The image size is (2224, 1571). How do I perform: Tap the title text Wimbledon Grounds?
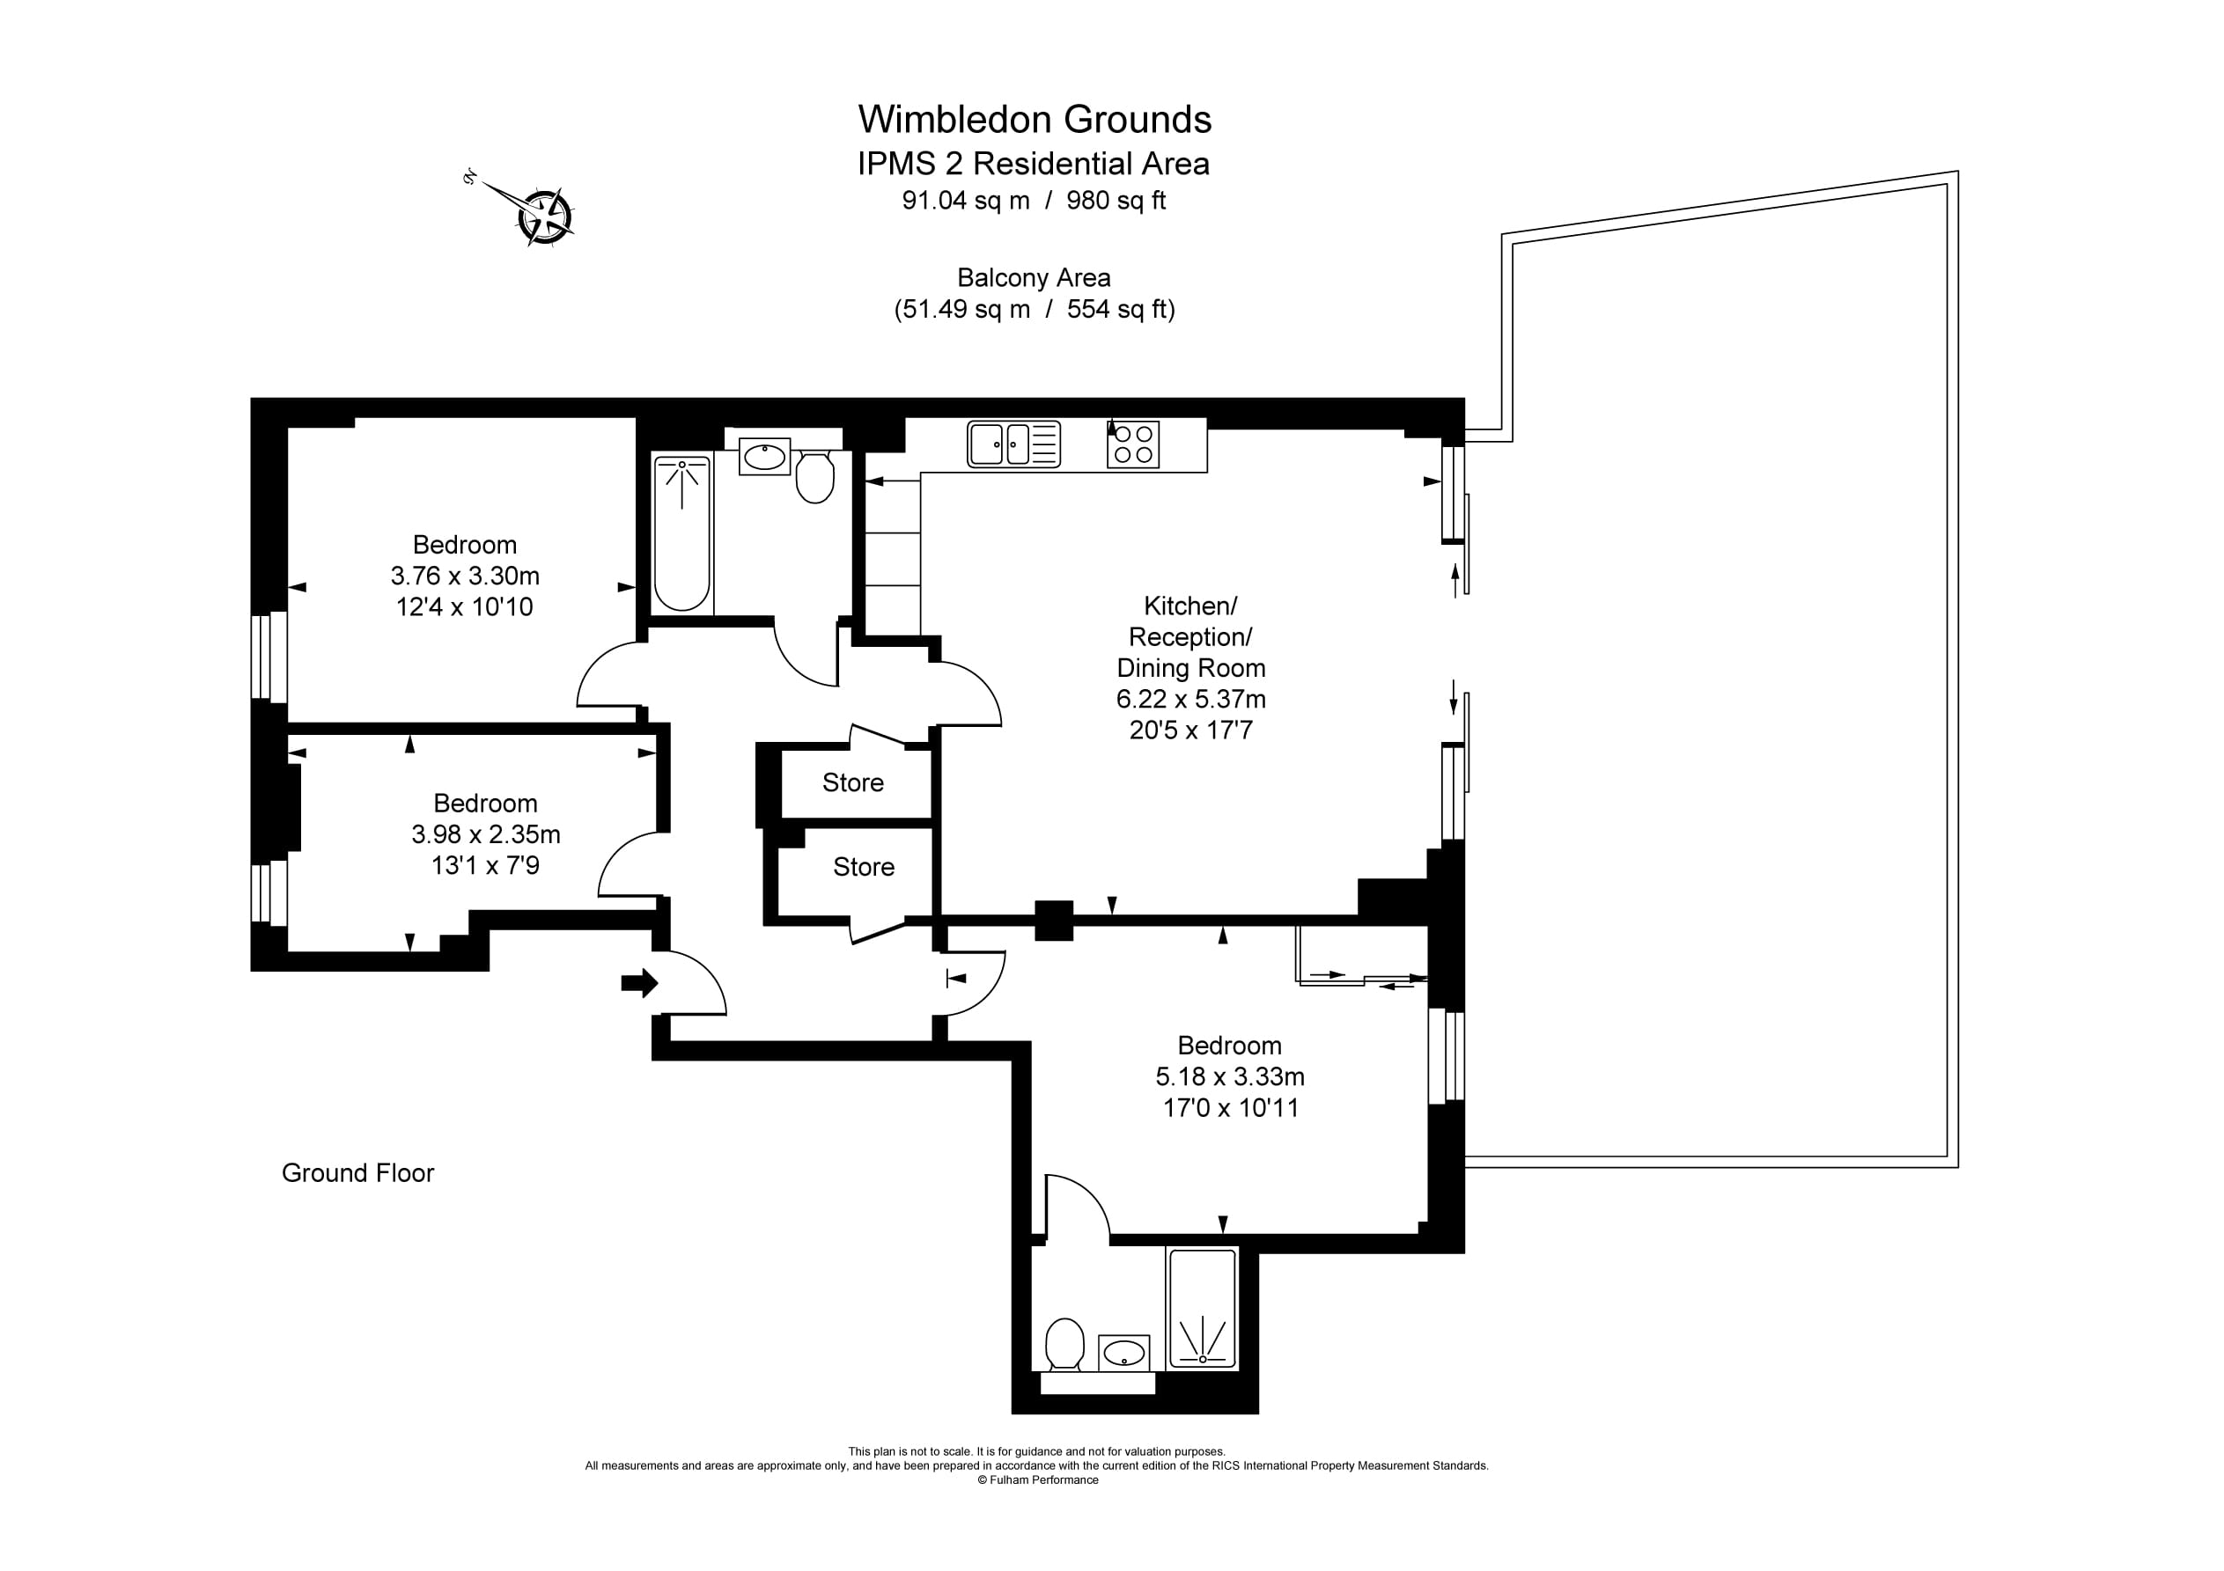pyautogui.click(x=1034, y=120)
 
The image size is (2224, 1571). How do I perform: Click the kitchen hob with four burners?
pyautogui.click(x=1132, y=444)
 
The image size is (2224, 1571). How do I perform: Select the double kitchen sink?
pyautogui.click(x=1013, y=444)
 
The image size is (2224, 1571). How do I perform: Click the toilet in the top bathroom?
pyautogui.click(x=814, y=476)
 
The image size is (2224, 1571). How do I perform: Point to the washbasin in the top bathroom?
pyautogui.click(x=764, y=456)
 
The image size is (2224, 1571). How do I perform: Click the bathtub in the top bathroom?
pyautogui.click(x=682, y=532)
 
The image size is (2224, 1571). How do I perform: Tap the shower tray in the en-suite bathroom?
pyautogui.click(x=1202, y=1309)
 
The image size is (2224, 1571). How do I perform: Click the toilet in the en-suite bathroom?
pyautogui.click(x=1064, y=1344)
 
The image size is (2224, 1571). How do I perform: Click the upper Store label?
pyautogui.click(x=852, y=782)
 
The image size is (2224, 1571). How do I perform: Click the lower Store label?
pyautogui.click(x=863, y=867)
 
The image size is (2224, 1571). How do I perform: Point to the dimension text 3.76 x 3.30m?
pyautogui.click(x=465, y=576)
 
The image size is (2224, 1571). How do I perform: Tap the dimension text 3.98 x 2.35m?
pyautogui.click(x=485, y=835)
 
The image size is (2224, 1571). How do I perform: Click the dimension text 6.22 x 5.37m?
pyautogui.click(x=1190, y=700)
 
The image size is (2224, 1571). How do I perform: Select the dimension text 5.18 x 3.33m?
pyautogui.click(x=1229, y=1077)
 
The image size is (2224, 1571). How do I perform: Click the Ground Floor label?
pyautogui.click(x=357, y=1173)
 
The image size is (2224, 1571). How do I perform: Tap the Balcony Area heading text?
pyautogui.click(x=1034, y=278)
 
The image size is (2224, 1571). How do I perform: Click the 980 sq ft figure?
pyautogui.click(x=1116, y=201)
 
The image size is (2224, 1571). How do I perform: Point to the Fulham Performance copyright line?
pyautogui.click(x=1037, y=1480)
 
